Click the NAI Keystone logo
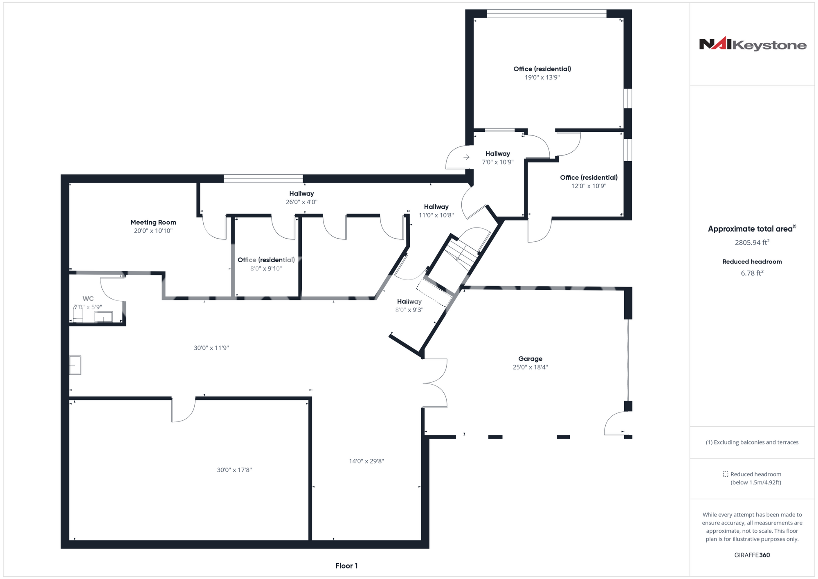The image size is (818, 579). point(753,44)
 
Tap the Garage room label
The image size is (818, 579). point(530,359)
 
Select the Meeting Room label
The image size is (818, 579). point(153,222)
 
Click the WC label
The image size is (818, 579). point(88,299)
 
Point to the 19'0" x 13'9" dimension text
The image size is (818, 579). point(542,77)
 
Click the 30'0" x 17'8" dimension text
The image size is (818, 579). point(234,470)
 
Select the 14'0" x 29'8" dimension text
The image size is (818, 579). point(366,461)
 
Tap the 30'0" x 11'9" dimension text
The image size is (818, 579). point(211,348)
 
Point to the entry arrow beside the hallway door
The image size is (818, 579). point(466,157)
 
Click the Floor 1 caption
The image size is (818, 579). point(346,566)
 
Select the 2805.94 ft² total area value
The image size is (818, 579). point(752,242)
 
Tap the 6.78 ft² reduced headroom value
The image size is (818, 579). point(752,273)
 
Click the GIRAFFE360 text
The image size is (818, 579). point(752,555)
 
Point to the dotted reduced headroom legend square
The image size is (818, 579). point(726,474)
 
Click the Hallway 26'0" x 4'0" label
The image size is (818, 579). point(301,198)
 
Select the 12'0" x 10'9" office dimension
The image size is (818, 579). point(589,186)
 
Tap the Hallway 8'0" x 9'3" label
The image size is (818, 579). point(409,306)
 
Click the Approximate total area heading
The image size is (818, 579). point(752,229)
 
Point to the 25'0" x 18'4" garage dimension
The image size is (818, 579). point(530,367)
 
